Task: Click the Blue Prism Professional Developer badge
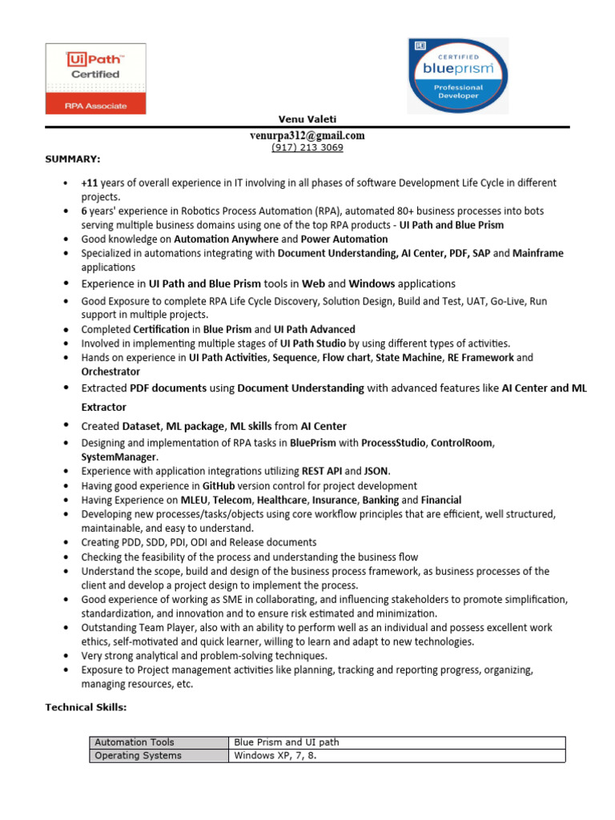457,75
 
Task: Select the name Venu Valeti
307,119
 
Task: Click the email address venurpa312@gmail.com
307,135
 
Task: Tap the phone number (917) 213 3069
307,147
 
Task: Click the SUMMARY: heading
72,159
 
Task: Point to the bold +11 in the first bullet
90,183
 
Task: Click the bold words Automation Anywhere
226,239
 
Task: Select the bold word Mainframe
538,253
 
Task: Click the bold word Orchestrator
111,372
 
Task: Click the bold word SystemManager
114,456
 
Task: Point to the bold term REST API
321,471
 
